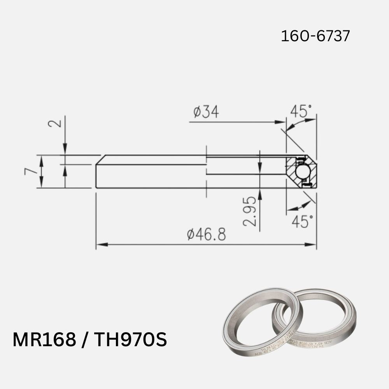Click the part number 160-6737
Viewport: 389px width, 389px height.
(315, 36)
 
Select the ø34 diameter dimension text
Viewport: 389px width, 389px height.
(206, 112)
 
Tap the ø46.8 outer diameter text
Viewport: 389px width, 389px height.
(206, 235)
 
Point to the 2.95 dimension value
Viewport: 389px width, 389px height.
(250, 211)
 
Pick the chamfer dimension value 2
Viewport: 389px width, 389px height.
(55, 124)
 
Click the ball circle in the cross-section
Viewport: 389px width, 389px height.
(302, 172)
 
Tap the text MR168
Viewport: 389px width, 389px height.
(44, 340)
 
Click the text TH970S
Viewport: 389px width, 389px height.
(131, 340)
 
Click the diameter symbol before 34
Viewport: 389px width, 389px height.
(197, 112)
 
